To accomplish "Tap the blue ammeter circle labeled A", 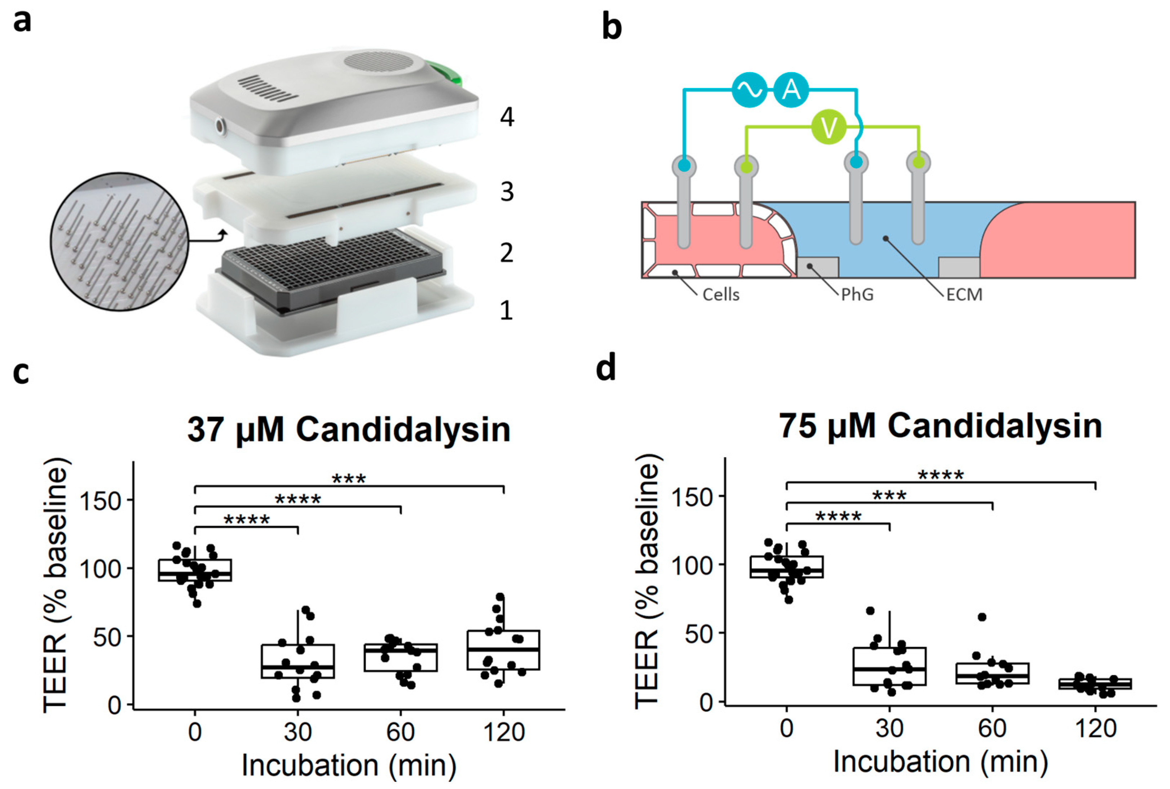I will click(791, 90).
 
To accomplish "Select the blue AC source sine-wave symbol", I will click(749, 90).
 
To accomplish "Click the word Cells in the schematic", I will click(720, 294).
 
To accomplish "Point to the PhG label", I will click(857, 294).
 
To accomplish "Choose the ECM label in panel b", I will click(964, 294).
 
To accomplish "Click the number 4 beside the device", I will click(507, 117).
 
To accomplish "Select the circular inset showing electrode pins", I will click(119, 241).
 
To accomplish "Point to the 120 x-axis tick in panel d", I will click(1095, 728).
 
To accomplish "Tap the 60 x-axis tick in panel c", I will click(400, 732).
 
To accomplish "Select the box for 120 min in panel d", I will click(1095, 684).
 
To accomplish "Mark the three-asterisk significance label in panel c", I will click(349, 478).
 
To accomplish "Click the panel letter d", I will click(606, 368).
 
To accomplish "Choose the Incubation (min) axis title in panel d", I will click(940, 762).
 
